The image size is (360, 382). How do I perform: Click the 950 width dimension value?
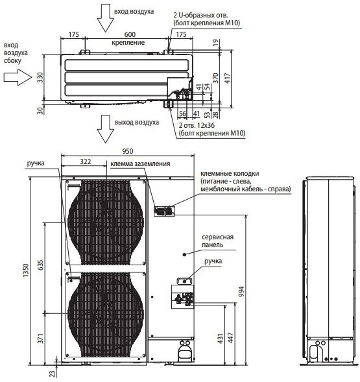click(128, 151)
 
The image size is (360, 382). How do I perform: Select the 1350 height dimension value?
click(26, 270)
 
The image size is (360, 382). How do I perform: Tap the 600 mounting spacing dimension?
click(130, 34)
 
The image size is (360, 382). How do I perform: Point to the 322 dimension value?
click(86, 161)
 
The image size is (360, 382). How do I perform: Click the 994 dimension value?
click(241, 291)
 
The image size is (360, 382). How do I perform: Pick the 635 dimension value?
click(40, 265)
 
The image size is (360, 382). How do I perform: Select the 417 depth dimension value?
click(227, 78)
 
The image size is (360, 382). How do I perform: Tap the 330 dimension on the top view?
click(40, 77)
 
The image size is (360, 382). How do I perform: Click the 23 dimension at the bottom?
click(53, 374)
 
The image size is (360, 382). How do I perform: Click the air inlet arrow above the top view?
click(106, 21)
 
